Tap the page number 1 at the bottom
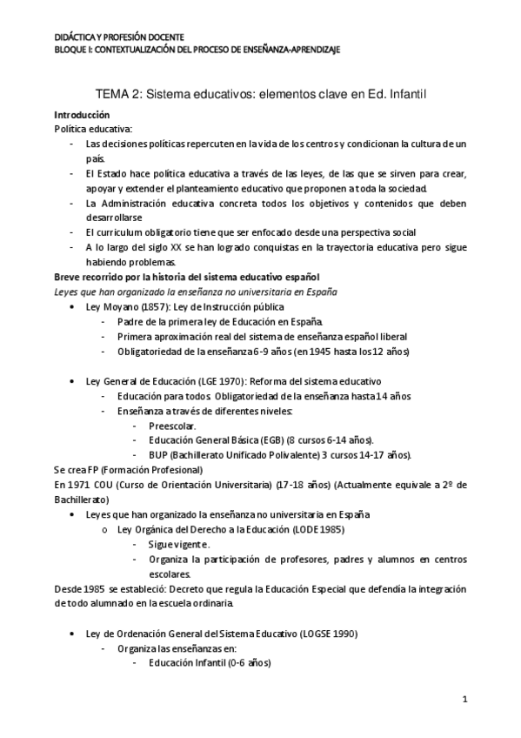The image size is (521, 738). pyautogui.click(x=465, y=699)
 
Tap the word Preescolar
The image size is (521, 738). pyautogui.click(x=172, y=426)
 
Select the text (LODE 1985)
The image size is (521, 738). pyautogui.click(x=317, y=529)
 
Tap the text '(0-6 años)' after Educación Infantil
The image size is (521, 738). pyautogui.click(x=248, y=662)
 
